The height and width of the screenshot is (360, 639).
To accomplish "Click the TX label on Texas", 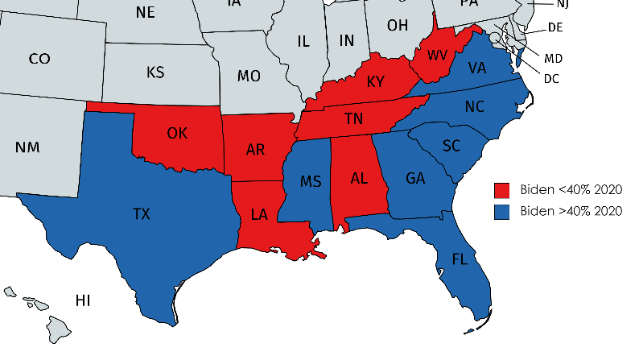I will tap(141, 213).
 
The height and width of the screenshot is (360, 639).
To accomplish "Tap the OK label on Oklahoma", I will tap(178, 133).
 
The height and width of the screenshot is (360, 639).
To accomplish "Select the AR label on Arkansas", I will tap(256, 150).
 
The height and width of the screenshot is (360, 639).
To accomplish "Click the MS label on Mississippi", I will tap(311, 181).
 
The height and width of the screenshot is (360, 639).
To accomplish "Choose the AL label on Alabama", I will tap(360, 178).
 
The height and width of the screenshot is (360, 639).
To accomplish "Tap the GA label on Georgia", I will tap(415, 178).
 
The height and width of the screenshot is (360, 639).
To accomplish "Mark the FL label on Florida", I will tap(460, 259).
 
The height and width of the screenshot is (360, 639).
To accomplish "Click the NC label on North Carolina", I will tap(476, 107).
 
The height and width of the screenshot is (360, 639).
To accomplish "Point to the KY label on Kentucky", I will tap(376, 82).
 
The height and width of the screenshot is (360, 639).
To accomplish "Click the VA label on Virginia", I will tap(477, 68).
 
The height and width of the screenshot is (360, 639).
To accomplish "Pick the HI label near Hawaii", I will tap(83, 301).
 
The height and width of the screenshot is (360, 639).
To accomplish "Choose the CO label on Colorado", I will tap(39, 59).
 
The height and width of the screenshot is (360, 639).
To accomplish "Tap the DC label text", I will tap(551, 78).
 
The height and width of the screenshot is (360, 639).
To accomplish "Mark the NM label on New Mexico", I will tap(27, 147).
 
